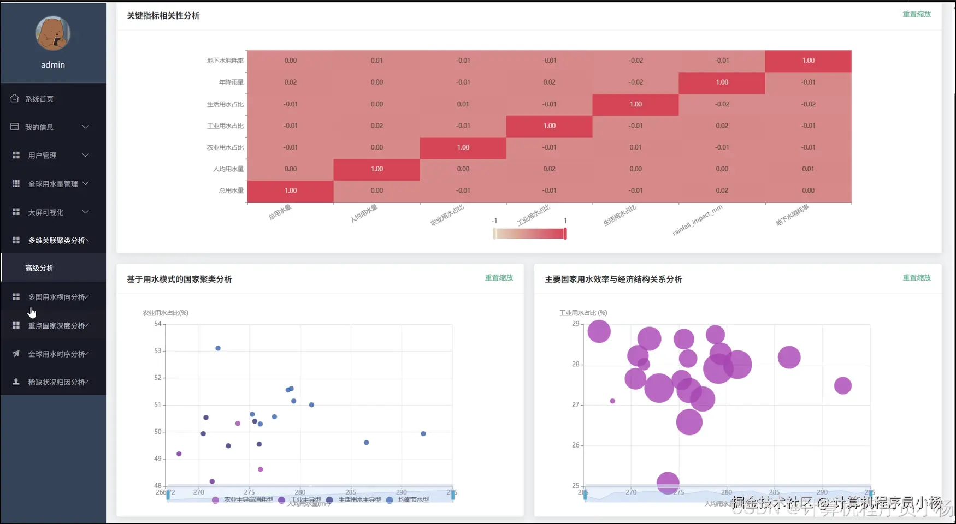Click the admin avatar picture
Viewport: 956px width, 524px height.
[53, 33]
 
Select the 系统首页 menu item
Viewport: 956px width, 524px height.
[39, 99]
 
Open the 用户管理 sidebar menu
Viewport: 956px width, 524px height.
[43, 156]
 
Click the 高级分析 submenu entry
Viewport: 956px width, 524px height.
[39, 268]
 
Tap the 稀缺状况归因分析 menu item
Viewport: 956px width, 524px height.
[57, 382]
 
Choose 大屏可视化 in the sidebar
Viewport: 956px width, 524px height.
[46, 212]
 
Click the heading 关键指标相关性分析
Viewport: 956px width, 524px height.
[163, 16]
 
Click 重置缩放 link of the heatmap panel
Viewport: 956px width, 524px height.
[916, 14]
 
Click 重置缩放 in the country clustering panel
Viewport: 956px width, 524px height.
[499, 278]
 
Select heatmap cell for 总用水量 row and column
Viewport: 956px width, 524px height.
[291, 191]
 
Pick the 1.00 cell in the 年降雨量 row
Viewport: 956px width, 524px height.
[722, 82]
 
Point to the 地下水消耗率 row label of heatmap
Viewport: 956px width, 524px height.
[225, 61]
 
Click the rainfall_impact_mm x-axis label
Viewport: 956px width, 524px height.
[697, 220]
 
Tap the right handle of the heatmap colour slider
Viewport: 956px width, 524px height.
[565, 234]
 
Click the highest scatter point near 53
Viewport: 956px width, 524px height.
[218, 348]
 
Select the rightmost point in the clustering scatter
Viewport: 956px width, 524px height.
[423, 434]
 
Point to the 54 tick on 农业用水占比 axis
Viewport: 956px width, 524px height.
[158, 324]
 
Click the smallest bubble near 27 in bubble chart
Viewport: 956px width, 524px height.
[612, 401]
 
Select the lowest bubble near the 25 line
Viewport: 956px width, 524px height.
[668, 483]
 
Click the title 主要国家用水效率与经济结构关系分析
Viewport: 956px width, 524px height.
[613, 279]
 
